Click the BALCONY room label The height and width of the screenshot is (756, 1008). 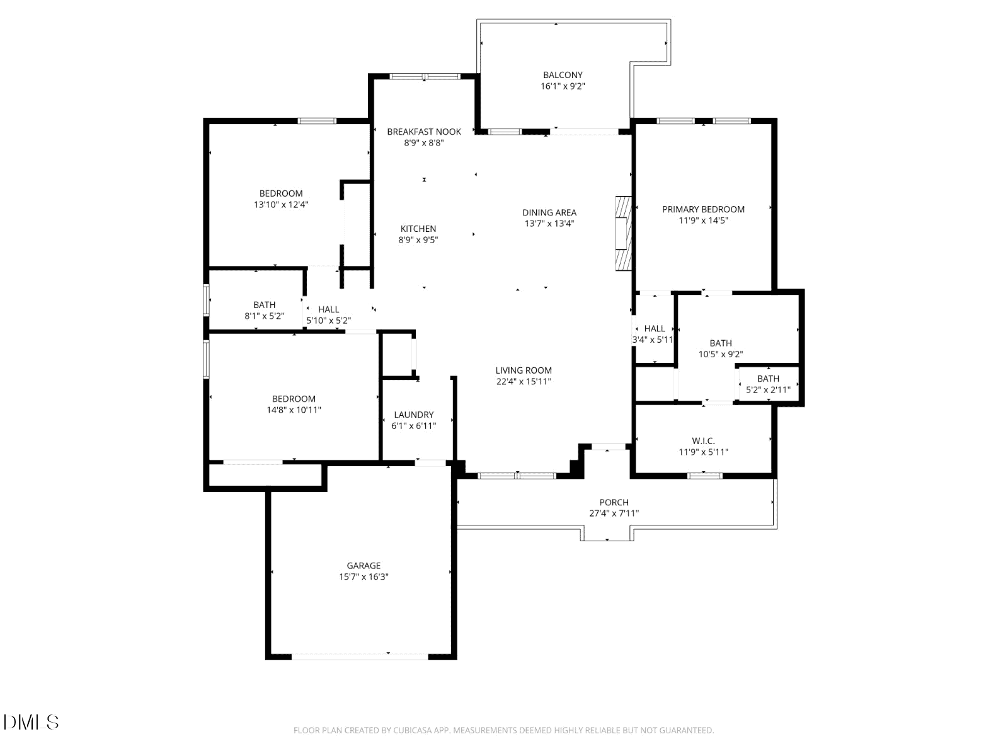click(563, 75)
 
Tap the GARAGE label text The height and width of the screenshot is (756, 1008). click(364, 566)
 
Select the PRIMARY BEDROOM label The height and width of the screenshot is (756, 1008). click(703, 209)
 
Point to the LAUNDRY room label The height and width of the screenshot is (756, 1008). click(414, 415)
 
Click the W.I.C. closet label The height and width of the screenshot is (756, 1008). click(703, 440)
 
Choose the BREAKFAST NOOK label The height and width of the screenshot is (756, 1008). click(424, 132)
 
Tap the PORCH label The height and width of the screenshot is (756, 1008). click(614, 502)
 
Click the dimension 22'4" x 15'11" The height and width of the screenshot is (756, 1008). click(524, 381)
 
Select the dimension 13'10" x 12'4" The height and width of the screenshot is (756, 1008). click(281, 205)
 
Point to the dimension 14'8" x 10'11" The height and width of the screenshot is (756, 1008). click(294, 410)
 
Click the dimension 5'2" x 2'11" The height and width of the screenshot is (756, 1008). click(768, 390)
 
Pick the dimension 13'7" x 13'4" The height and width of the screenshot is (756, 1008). click(550, 224)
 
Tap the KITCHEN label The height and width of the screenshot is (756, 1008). click(418, 229)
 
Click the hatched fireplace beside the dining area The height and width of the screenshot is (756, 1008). click(624, 233)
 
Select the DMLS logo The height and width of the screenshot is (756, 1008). click(31, 722)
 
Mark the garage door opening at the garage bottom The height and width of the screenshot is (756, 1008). click(360, 657)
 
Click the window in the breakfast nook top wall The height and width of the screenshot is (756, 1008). click(425, 76)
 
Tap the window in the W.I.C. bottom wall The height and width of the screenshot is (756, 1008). click(704, 476)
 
